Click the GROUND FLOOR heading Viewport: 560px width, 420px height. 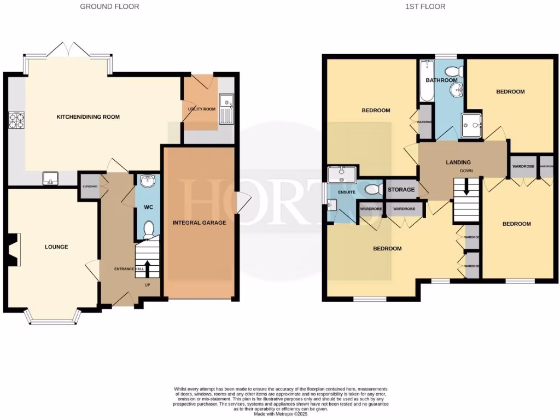click(109, 7)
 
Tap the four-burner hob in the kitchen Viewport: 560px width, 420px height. click(16, 120)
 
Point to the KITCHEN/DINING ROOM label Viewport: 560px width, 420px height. click(88, 117)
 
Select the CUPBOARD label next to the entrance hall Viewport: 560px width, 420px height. click(89, 186)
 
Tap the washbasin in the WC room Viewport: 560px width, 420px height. click(147, 182)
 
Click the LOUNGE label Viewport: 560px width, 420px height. click(56, 247)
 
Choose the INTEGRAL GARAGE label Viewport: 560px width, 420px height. click(199, 223)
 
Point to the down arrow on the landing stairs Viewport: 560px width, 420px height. click(466, 189)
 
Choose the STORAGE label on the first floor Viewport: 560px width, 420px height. click(400, 190)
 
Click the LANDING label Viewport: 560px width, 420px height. click(458, 162)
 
